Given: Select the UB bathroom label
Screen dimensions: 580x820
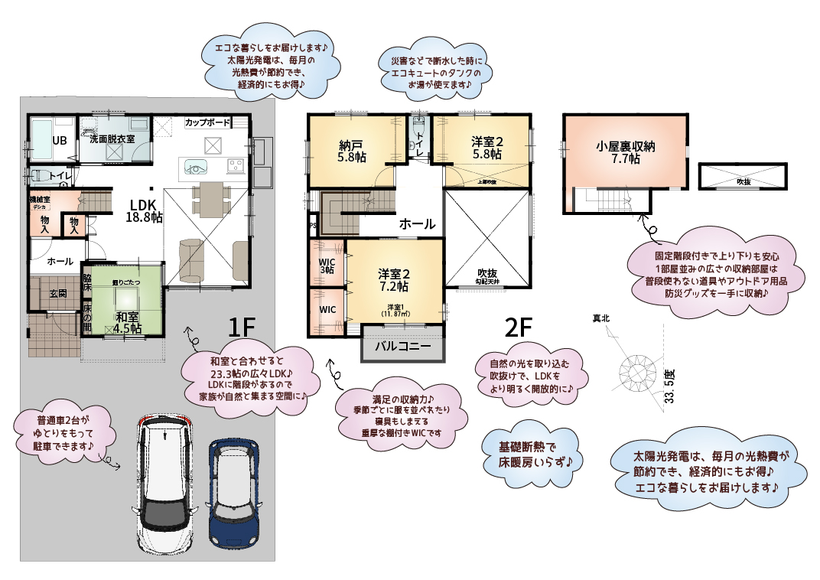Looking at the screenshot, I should pyautogui.click(x=59, y=140).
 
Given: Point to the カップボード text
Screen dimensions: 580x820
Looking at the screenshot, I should pyautogui.click(x=207, y=122).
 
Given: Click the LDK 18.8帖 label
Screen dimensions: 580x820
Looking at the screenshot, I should pyautogui.click(x=144, y=211).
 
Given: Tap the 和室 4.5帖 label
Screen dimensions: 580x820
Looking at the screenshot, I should pyautogui.click(x=127, y=322).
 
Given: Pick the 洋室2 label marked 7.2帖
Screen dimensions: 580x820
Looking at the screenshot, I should pyautogui.click(x=395, y=280).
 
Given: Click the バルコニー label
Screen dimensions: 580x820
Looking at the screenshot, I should pyautogui.click(x=402, y=347).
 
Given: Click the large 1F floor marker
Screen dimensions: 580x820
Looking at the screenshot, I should pyautogui.click(x=241, y=327).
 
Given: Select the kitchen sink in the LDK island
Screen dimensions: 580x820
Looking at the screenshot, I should pyautogui.click(x=194, y=166).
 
